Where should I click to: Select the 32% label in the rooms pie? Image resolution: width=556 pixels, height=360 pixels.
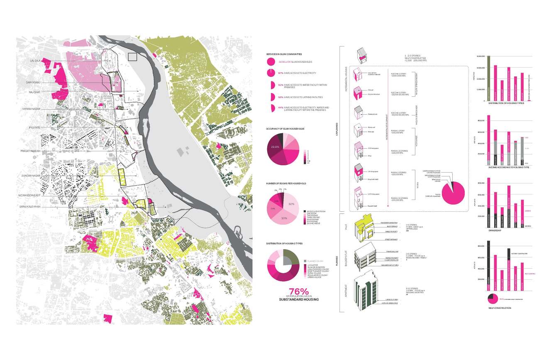pos(292,204)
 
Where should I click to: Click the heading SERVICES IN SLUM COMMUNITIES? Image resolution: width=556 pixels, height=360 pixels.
pos(284,54)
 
